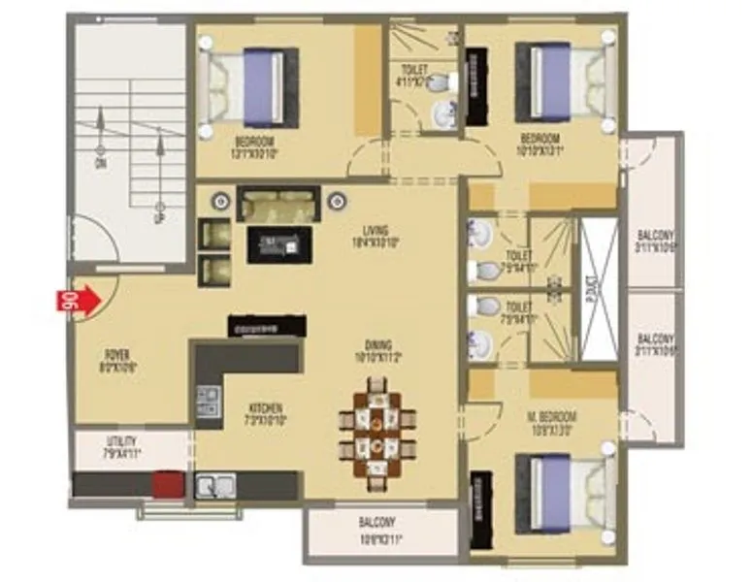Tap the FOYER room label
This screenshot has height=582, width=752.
click(117, 361)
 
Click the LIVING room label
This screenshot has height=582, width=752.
click(376, 236)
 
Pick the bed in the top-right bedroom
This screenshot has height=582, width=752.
click(564, 81)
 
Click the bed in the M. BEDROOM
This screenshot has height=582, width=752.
click(563, 494)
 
